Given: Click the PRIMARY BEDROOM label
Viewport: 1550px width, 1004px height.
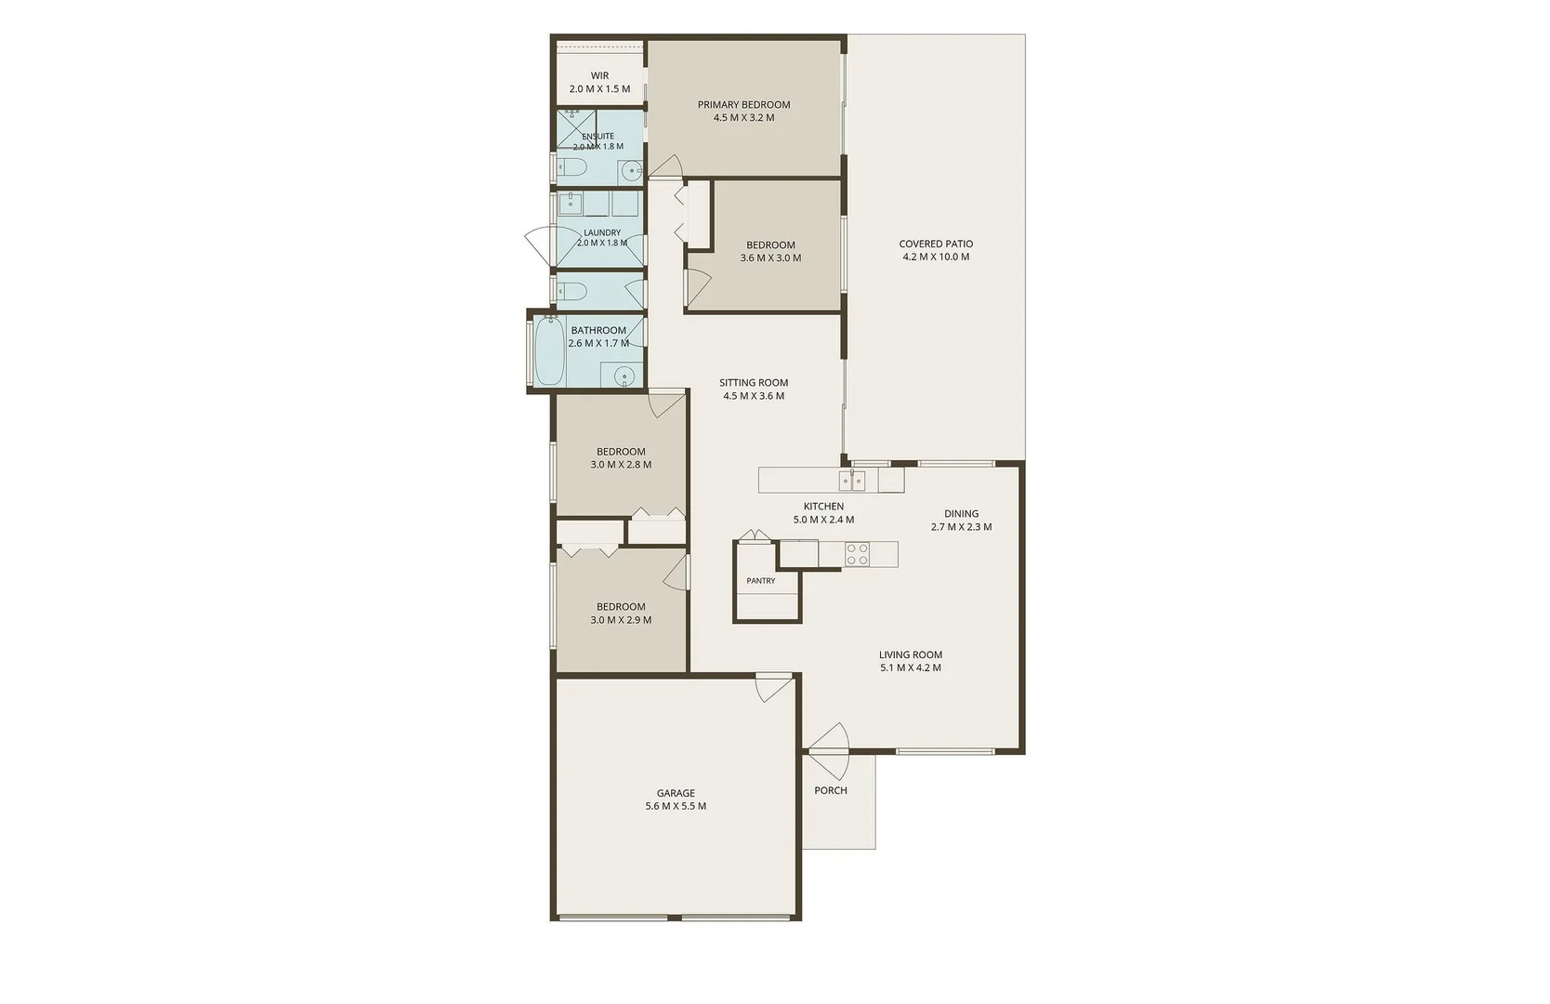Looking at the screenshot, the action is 743,104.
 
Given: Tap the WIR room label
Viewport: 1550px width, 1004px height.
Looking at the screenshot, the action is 600,75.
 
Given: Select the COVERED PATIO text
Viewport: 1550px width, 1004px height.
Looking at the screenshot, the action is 936,244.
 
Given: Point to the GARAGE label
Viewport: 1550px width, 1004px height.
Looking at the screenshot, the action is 676,793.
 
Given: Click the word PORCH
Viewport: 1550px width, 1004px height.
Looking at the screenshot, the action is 831,790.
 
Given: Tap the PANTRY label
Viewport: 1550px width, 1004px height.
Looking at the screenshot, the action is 760,581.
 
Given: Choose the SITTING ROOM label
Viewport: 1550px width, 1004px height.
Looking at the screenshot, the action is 754,382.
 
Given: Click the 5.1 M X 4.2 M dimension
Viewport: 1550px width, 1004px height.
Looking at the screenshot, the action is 910,667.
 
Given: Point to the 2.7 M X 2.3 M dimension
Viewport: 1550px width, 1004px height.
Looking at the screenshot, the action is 961,526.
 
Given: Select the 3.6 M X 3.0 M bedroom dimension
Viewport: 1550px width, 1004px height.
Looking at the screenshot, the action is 770,258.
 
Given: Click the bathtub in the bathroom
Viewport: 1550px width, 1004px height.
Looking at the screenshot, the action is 550,350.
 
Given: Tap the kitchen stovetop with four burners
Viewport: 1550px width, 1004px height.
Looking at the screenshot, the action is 858,554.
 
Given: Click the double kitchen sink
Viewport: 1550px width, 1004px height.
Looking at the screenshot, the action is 852,480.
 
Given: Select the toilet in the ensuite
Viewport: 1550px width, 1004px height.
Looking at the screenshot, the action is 571,167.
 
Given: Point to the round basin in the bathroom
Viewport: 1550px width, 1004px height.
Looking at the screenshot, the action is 624,376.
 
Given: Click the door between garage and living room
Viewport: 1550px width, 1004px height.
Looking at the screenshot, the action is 774,687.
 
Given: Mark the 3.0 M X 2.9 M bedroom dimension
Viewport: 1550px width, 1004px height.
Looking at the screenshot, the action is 621,620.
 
